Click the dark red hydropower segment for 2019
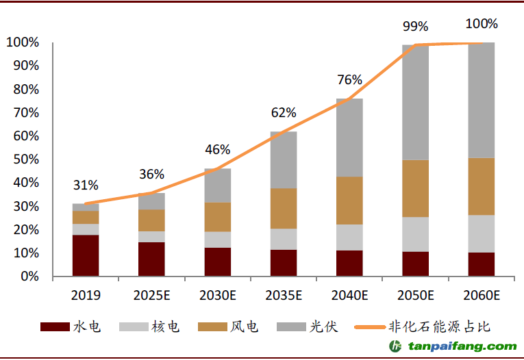coord(86,255)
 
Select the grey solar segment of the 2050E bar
coord(415,103)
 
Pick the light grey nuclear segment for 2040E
coord(349,237)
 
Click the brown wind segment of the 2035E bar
coord(284,208)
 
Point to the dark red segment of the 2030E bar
coord(218,261)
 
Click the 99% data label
coord(415,27)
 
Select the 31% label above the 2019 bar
coord(86,185)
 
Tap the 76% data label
coord(349,79)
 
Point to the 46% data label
coord(218,150)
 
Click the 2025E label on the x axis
coord(151,296)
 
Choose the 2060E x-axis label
coord(481,296)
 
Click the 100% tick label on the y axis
coord(22,42)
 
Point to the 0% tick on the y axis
coord(29,277)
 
